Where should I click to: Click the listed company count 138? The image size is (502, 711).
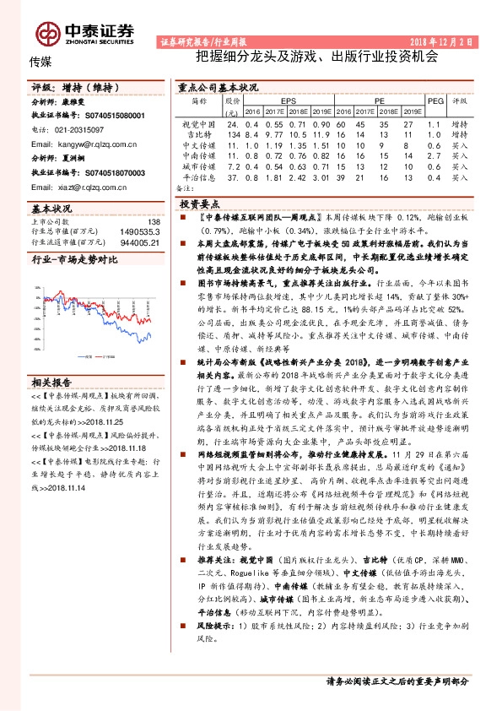tap(154, 220)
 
